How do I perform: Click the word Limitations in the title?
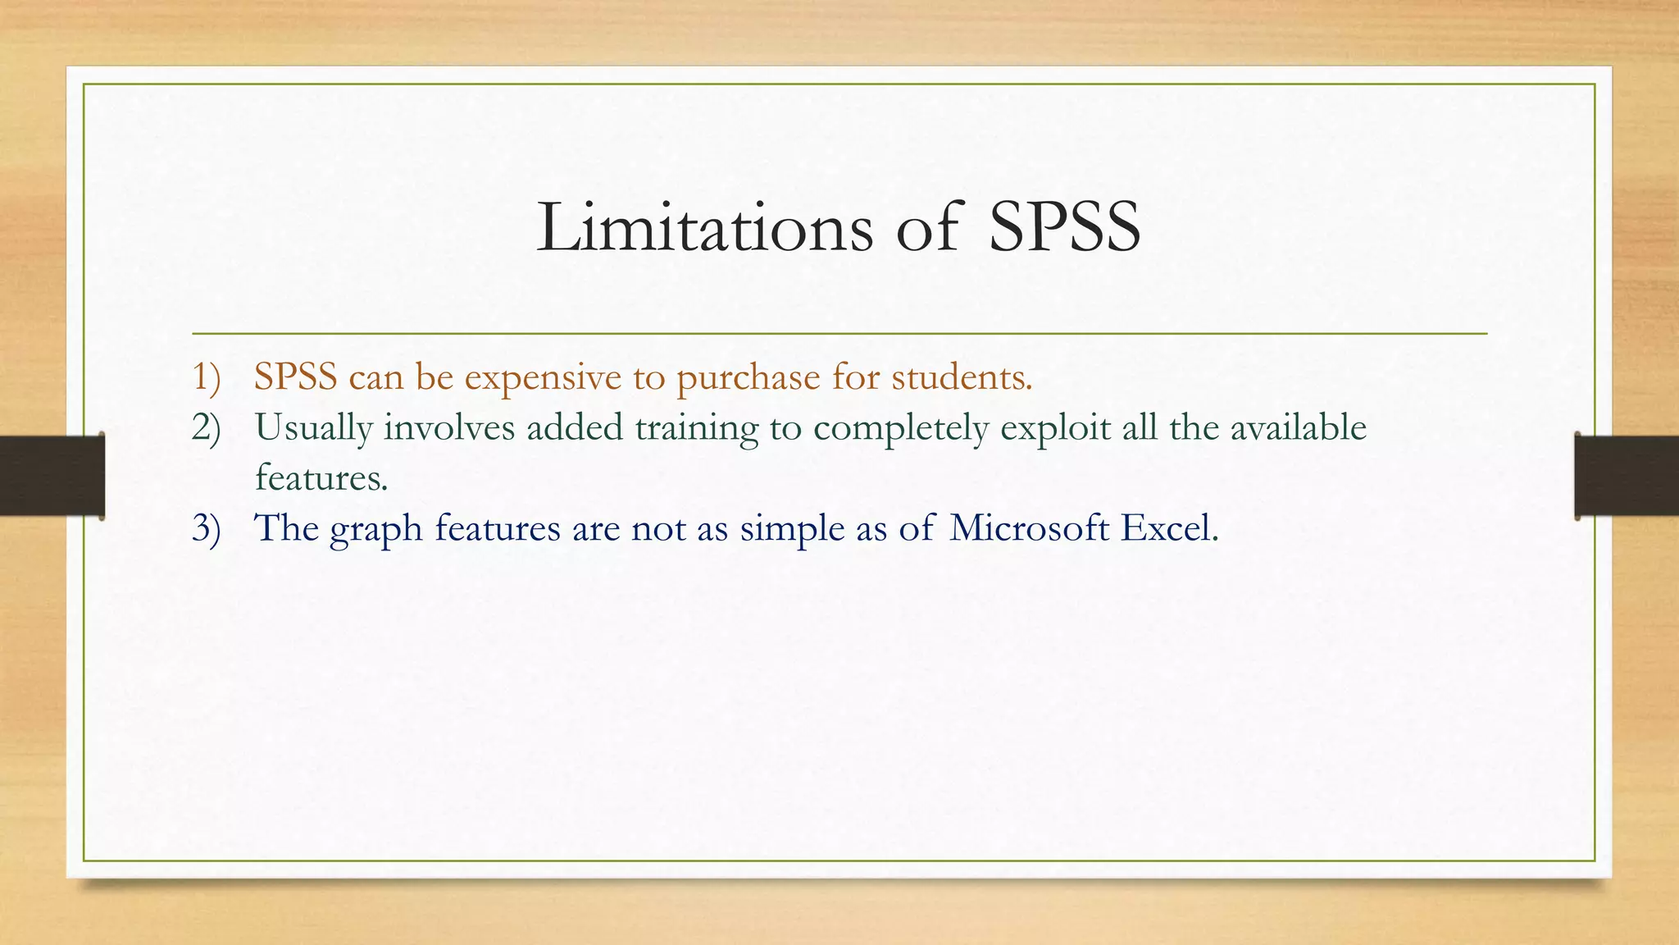(x=705, y=227)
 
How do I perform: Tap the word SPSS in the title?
(x=1064, y=227)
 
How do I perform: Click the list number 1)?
(x=207, y=377)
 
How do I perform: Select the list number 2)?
(x=207, y=427)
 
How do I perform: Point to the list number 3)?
(x=207, y=527)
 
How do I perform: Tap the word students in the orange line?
(x=961, y=377)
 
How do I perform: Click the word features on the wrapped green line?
(x=321, y=477)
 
